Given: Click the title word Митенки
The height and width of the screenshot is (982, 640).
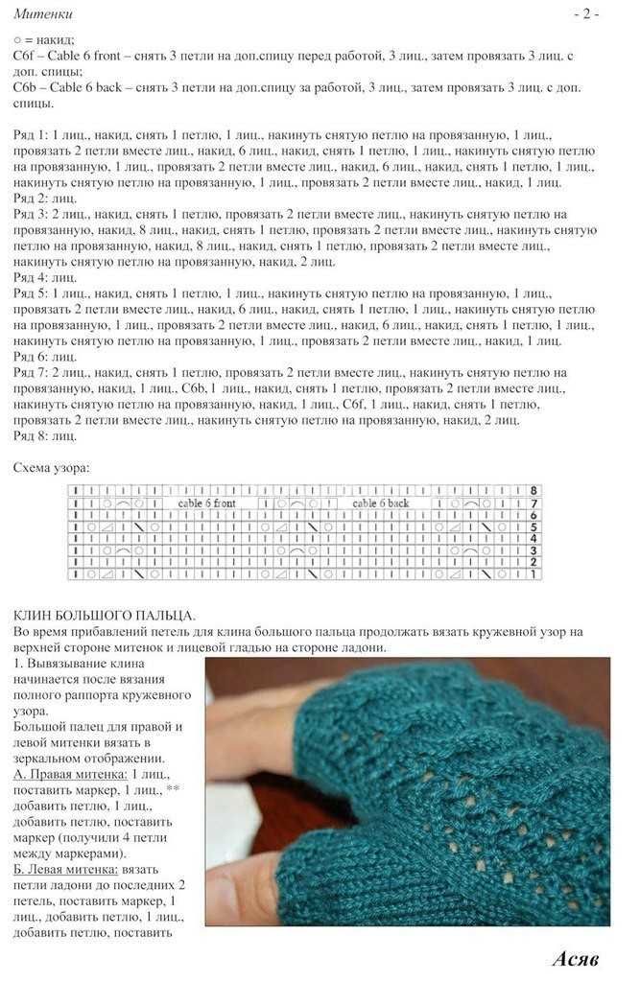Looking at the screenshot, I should pos(43,14).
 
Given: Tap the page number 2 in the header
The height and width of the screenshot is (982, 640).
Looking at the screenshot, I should pos(586,14).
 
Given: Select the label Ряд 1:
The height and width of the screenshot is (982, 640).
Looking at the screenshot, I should pos(32,135).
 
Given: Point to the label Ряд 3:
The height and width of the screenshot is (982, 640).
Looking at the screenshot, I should pos(32,214).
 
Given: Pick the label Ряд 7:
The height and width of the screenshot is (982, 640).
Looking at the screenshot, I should pos(32,372).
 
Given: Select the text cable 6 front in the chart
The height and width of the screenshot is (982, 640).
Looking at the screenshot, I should pos(206,503).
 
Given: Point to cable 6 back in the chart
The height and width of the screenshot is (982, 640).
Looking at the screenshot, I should pos(380,503).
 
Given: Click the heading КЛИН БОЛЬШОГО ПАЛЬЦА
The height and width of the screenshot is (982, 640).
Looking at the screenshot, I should pos(106,615).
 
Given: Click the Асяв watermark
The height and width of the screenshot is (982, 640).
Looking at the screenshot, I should pos(576,958).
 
